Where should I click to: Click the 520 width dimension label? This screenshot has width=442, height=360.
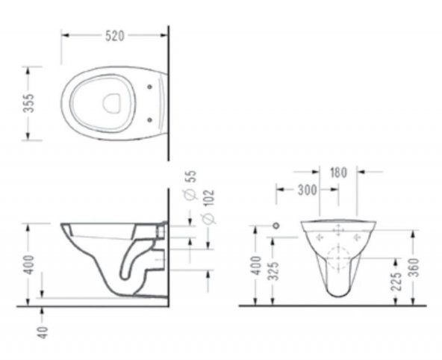115,36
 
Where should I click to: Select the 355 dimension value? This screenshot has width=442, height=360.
29,103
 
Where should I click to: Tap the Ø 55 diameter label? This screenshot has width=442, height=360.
190,184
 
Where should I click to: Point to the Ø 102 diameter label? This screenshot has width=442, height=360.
208,207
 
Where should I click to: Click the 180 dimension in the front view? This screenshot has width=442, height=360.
338,173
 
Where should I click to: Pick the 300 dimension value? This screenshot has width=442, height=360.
308,190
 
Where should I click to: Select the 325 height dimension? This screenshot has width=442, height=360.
273,271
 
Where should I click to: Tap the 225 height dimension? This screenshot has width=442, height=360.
396,281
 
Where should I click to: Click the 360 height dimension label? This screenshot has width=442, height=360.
414,267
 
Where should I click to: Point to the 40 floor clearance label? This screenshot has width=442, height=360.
43,332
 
